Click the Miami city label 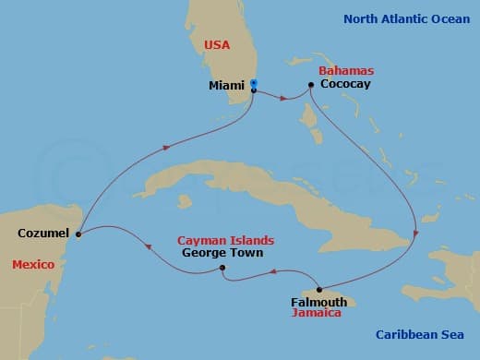click(226, 85)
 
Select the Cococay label click(347, 84)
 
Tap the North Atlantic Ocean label click(406, 18)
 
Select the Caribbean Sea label click(424, 335)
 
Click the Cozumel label click(43, 234)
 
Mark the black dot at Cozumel click(78, 234)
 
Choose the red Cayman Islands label click(225, 240)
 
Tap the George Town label click(222, 253)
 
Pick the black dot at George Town click(222, 269)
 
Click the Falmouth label click(318, 302)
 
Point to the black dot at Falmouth click(318, 289)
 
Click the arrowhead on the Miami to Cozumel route click(167, 148)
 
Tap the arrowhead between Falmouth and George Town click(274, 271)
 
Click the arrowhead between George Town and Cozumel click(146, 245)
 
